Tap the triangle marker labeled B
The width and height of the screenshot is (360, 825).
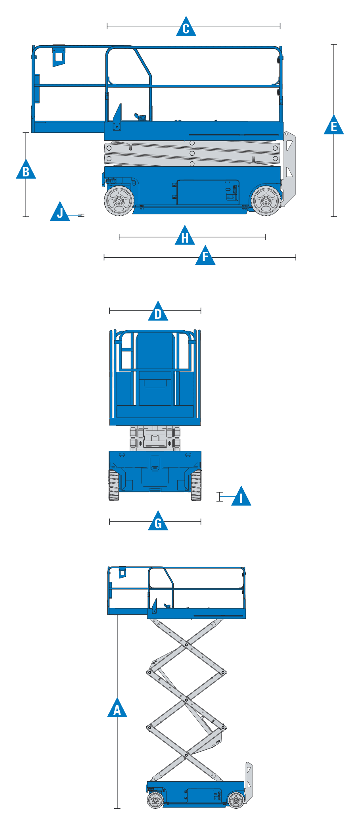(x=26, y=170)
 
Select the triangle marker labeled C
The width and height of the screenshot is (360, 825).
(x=186, y=27)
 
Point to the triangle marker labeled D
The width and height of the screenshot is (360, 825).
(x=158, y=312)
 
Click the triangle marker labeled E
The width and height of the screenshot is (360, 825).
(x=334, y=125)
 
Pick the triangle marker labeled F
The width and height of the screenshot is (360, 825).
(x=205, y=256)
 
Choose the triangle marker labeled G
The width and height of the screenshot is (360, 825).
(x=158, y=521)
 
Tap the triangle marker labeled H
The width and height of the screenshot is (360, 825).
(x=185, y=235)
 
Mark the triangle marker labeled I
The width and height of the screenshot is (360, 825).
(x=241, y=497)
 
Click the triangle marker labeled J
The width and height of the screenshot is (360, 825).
(x=60, y=212)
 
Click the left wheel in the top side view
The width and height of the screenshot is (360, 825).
(x=119, y=201)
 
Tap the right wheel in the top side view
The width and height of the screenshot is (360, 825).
(x=266, y=201)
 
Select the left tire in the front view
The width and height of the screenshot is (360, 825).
(x=114, y=485)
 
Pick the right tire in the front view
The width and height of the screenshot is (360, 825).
(x=196, y=485)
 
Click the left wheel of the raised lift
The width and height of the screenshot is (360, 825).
(x=155, y=800)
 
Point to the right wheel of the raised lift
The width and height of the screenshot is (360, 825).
(x=236, y=800)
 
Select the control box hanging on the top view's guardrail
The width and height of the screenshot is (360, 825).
(x=59, y=55)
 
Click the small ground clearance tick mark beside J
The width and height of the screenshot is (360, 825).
(x=81, y=215)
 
